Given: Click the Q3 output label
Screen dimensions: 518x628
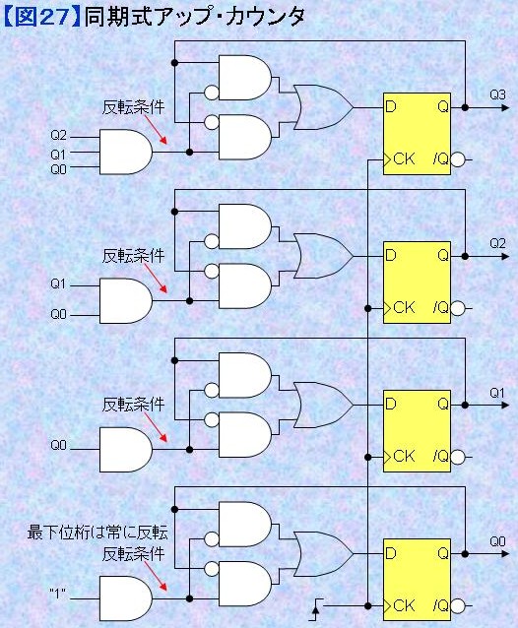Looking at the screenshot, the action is click(497, 94).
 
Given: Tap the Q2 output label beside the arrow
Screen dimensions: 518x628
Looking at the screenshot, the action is click(497, 243).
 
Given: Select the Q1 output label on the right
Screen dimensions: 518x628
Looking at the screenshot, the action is click(497, 393).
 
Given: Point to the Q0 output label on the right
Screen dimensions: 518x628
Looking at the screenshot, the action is click(497, 542).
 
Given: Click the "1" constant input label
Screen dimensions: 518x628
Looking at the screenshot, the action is click(58, 594).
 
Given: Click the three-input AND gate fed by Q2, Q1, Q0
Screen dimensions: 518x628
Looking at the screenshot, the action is click(126, 152).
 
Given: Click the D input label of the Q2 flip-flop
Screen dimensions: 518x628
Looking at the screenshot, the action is click(391, 255).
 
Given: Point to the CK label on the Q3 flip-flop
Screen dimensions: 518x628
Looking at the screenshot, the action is click(404, 159).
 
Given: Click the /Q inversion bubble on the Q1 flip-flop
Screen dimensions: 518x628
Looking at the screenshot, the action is click(458, 457).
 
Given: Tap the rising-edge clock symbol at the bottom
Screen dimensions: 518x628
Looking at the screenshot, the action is click(316, 609).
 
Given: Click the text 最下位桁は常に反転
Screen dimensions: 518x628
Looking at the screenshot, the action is click(97, 533).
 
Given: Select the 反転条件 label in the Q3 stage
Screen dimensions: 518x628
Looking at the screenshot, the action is click(133, 107).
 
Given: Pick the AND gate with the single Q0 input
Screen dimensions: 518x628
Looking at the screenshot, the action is click(126, 450).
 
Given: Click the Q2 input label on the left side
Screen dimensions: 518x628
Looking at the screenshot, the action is click(58, 136).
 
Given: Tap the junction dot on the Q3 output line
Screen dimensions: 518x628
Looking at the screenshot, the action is click(465, 107).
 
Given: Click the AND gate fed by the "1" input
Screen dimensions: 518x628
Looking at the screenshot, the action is click(126, 598).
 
